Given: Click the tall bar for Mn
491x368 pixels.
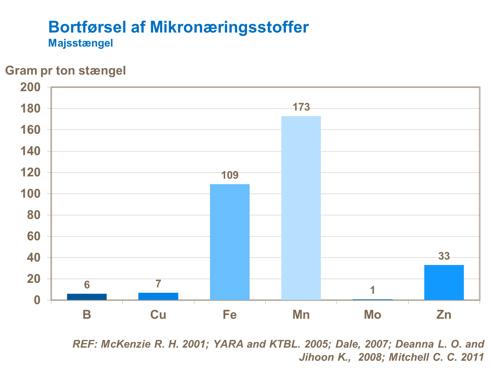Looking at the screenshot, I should (x=301, y=208).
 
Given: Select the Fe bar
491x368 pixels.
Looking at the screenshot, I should (x=230, y=242).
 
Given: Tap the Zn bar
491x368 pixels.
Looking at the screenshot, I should (x=444, y=282).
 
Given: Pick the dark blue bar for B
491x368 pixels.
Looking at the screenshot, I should (x=87, y=297).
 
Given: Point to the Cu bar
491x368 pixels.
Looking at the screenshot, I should (x=158, y=296).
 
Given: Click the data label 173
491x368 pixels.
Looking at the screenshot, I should (x=301, y=107).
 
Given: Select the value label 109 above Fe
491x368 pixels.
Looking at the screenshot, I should (x=230, y=175).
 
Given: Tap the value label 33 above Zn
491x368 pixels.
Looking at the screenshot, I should (x=444, y=256).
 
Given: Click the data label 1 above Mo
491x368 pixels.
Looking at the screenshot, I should (x=372, y=290).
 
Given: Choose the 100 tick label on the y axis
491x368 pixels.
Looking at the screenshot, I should (x=30, y=194).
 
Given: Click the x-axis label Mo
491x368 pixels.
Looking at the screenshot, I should (x=372, y=315).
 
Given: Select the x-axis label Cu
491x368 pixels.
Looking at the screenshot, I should (x=158, y=315).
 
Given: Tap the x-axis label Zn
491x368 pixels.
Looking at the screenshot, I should (x=444, y=315).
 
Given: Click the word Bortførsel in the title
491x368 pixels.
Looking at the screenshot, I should (x=87, y=27).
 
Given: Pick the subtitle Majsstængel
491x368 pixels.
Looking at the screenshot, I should (x=80, y=43).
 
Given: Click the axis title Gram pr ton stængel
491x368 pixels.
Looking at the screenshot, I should (x=65, y=70).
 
